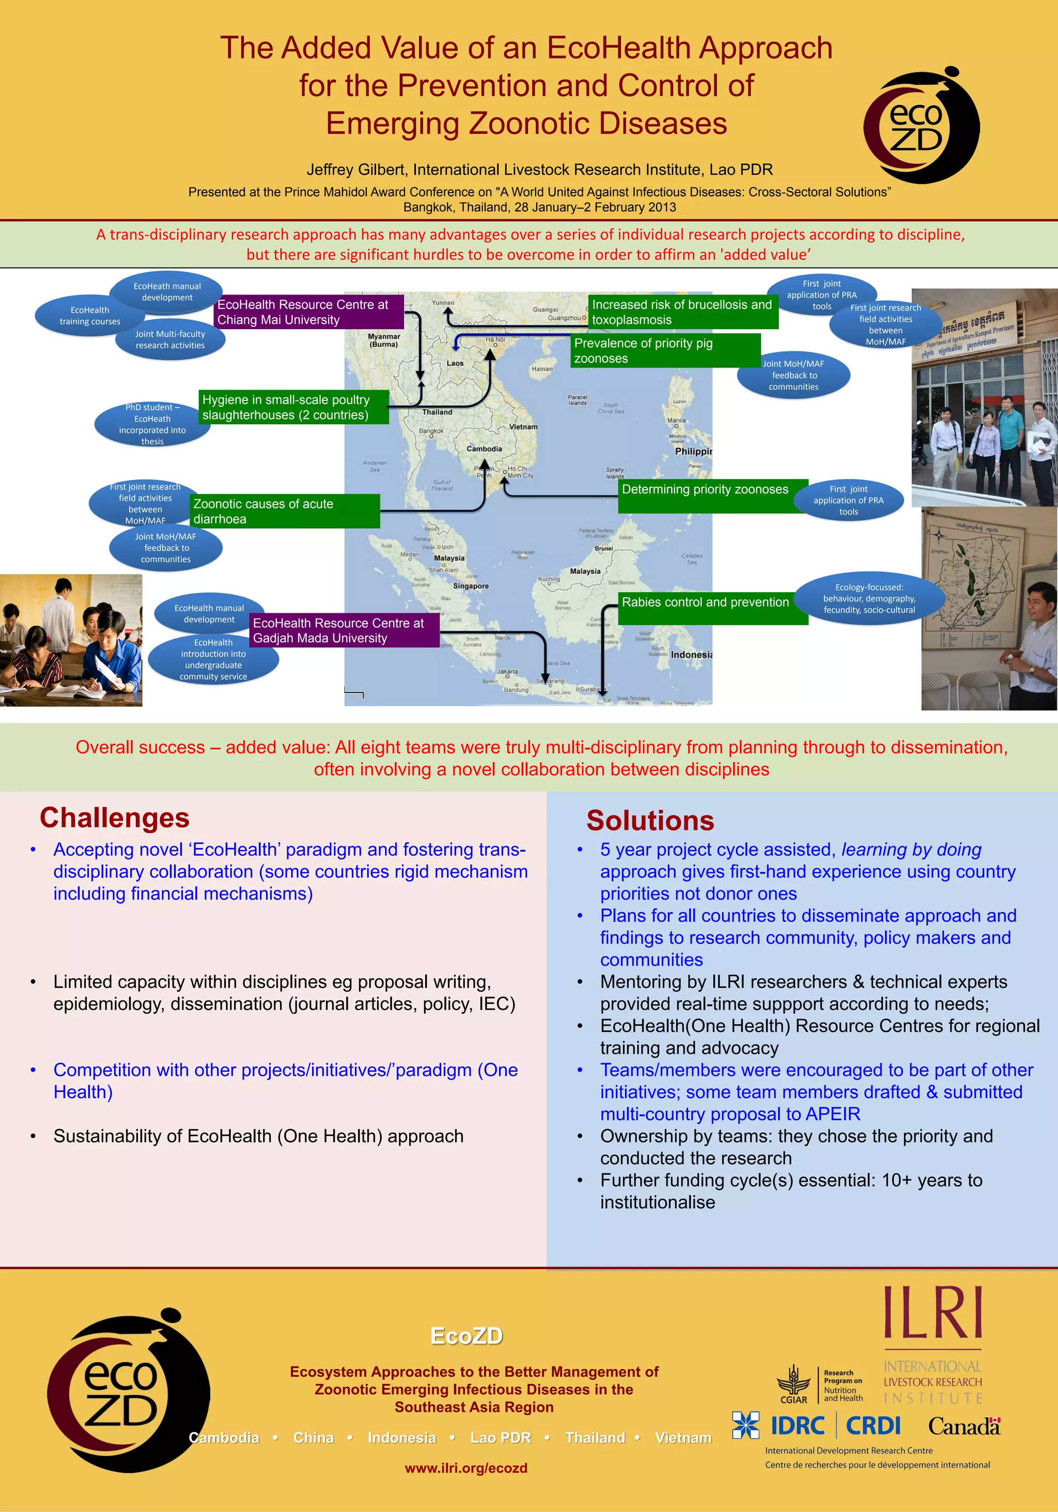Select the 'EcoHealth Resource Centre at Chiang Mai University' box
coord(309,312)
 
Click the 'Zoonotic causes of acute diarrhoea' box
coord(285,511)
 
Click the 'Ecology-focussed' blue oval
coord(868,598)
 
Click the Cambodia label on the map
coord(484,449)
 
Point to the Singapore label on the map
coord(470,586)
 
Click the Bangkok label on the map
coord(431,430)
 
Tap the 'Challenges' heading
coord(115,818)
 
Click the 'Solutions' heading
coord(650,821)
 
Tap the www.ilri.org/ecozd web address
coord(465,1468)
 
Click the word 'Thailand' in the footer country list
coord(595,1438)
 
